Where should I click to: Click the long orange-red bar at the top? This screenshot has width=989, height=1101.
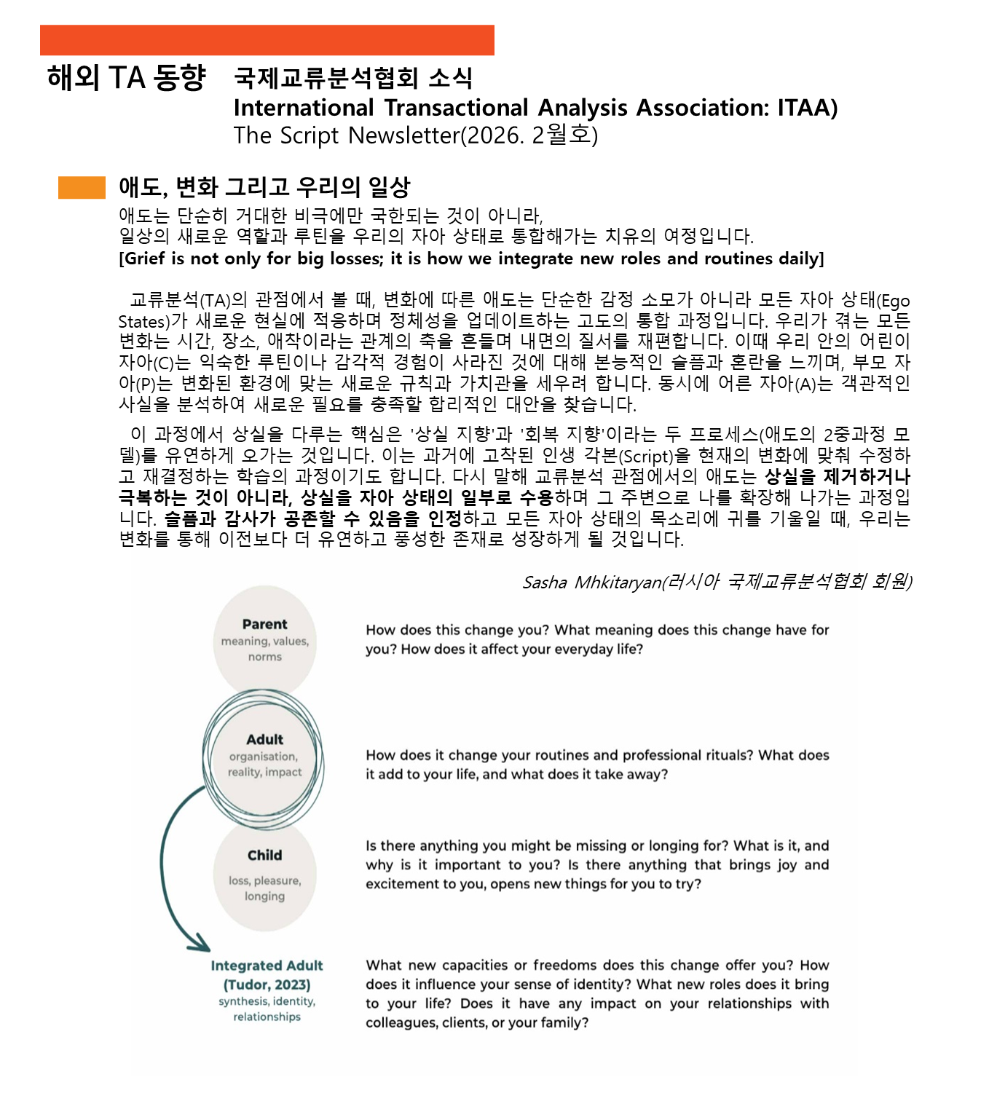[x=267, y=40]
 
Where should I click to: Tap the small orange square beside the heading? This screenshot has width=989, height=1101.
[x=82, y=188]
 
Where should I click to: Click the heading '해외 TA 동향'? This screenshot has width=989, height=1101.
[x=127, y=77]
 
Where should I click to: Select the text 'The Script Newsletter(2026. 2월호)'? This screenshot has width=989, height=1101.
[x=415, y=135]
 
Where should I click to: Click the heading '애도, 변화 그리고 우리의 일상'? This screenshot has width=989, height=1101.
[x=264, y=187]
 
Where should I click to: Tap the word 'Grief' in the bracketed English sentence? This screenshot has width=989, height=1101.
[x=146, y=259]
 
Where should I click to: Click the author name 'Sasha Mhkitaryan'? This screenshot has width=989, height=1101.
[x=590, y=582]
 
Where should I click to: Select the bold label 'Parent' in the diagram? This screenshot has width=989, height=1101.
[x=265, y=624]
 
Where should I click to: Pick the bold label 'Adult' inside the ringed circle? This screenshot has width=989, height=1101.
[x=265, y=739]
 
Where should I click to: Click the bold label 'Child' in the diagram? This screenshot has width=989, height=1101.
[x=265, y=855]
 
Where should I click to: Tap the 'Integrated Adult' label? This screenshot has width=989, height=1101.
[x=267, y=966]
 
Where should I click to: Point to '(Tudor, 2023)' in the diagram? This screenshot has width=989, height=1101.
[x=267, y=984]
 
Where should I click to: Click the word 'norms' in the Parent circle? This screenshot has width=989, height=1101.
[x=265, y=657]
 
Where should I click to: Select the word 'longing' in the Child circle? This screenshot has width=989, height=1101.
[x=265, y=896]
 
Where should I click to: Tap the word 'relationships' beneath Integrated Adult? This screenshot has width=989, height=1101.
[x=267, y=1017]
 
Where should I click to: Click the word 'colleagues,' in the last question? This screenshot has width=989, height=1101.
[x=400, y=1022]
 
